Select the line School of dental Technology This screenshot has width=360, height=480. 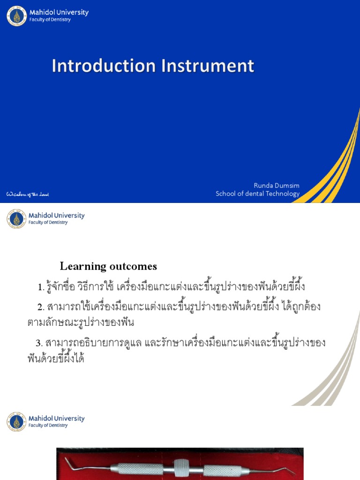(x=257, y=194)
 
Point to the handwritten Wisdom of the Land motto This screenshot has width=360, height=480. (x=28, y=194)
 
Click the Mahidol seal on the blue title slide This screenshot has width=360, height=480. (x=17, y=16)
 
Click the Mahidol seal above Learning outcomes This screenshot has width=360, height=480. (x=17, y=218)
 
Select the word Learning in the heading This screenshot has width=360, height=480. (x=83, y=267)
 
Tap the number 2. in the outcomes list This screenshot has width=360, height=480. (x=40, y=307)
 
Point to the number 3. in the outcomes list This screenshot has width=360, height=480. (x=40, y=343)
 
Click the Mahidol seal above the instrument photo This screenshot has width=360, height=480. (x=17, y=421)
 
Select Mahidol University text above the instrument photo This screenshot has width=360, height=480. (x=56, y=418)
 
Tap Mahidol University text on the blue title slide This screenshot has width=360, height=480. (x=59, y=12)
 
